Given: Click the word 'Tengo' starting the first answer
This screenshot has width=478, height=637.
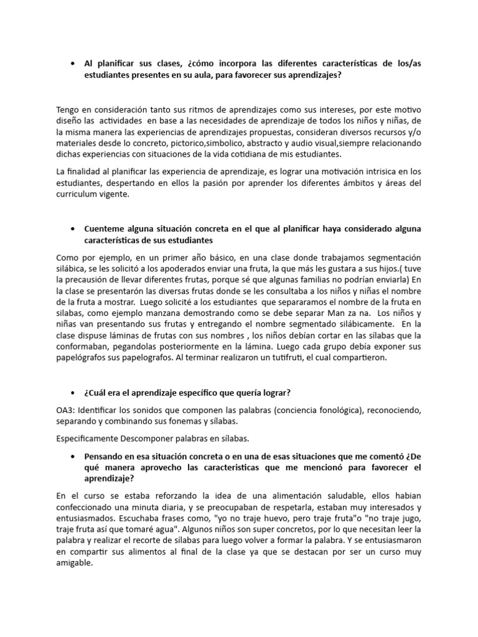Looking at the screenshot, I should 68,109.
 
